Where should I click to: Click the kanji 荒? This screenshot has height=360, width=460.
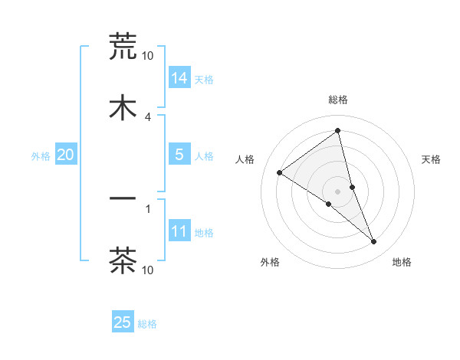123,47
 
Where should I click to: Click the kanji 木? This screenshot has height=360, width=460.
123,108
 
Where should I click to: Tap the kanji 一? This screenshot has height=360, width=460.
123,199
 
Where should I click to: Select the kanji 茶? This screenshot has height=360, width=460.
123,260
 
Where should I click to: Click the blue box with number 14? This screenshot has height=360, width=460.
179,77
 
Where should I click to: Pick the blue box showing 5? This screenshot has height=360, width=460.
179,154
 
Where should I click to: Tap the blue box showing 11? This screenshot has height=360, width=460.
179,231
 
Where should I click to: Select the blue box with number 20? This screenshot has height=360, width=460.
66,155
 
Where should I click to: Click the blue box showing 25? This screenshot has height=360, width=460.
123,322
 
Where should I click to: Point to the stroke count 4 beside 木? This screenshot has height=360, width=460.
148,116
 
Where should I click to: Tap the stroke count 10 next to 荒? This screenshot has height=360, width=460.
148,55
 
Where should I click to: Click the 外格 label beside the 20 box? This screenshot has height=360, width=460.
41,155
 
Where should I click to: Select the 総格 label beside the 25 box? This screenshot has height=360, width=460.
147,324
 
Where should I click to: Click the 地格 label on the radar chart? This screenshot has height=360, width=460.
402,262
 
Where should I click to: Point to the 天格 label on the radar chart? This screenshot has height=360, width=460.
431,159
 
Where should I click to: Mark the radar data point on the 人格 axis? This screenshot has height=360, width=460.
280,172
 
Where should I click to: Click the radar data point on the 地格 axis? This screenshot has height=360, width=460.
374,242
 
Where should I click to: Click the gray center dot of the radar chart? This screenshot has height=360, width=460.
338,191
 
